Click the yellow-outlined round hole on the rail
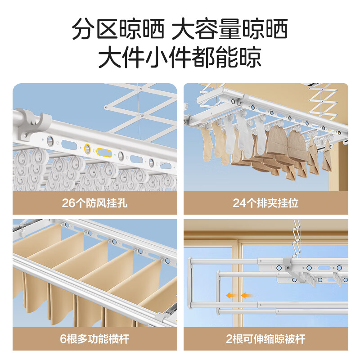(x=87, y=148)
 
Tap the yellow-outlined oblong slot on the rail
(x=104, y=153)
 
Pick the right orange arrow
(x=246, y=295)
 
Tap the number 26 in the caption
(x=68, y=203)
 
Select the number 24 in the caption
(x=239, y=203)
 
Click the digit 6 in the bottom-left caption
(x=63, y=339)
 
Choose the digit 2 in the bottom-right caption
(x=229, y=339)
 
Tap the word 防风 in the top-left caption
(x=95, y=203)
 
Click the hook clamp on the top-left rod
(x=37, y=125)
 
